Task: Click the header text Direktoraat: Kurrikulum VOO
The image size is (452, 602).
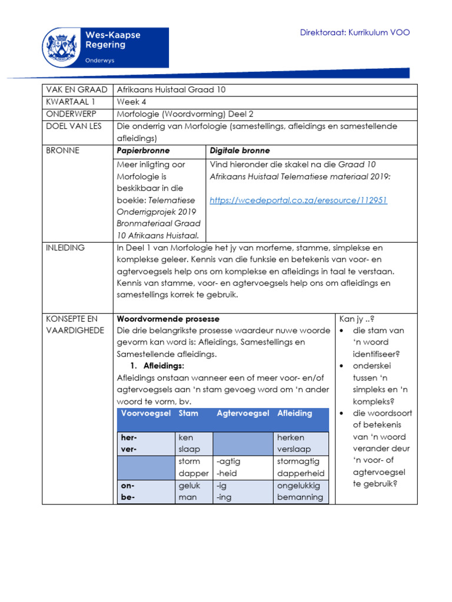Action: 355,32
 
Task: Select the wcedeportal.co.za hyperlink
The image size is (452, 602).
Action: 298,200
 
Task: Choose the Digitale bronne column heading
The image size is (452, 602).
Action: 240,150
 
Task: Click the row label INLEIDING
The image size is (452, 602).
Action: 65,248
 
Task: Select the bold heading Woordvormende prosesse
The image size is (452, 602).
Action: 168,319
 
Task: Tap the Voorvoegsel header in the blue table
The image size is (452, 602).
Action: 145,413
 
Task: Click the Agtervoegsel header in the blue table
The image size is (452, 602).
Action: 242,413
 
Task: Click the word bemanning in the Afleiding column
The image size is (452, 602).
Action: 300,497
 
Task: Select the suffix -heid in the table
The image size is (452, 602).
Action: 228,473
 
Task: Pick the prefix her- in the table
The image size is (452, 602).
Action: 129,438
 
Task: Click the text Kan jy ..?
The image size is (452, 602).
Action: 357,319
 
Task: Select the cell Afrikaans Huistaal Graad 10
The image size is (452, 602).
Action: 171,90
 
